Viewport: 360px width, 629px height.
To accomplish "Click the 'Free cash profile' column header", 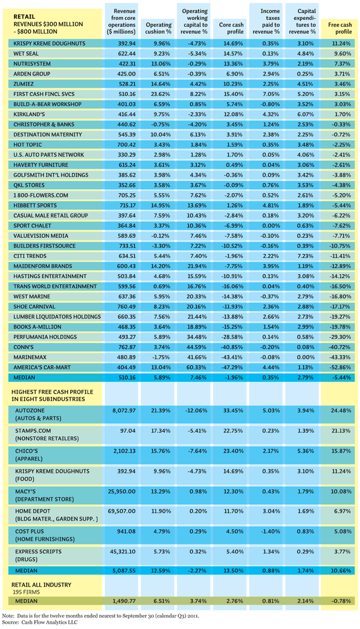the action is (x=340, y=28).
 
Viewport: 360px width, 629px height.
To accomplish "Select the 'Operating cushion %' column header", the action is (x=159, y=28).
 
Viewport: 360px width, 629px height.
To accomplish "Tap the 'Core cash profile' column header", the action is (x=231, y=28).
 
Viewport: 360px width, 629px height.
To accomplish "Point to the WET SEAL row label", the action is (x=26, y=54).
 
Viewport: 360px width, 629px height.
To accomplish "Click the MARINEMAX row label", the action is (x=30, y=357).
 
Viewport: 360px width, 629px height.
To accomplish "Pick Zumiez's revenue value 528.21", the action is (x=127, y=84).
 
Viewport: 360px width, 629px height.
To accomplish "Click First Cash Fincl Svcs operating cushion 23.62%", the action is (x=162, y=94).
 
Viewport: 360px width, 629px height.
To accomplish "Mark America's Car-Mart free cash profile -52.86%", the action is (x=340, y=367).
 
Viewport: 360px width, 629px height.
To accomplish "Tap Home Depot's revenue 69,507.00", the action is (x=121, y=511).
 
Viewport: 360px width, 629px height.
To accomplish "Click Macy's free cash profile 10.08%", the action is (x=341, y=491).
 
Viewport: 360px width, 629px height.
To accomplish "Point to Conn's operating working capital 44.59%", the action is (x=197, y=347).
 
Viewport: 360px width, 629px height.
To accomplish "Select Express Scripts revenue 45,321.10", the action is (x=122, y=552).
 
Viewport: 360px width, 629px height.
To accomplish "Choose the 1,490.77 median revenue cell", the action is (x=124, y=601).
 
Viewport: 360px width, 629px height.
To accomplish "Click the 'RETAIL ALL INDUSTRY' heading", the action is (x=41, y=585).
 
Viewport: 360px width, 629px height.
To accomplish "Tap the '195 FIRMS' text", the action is (x=26, y=592).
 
